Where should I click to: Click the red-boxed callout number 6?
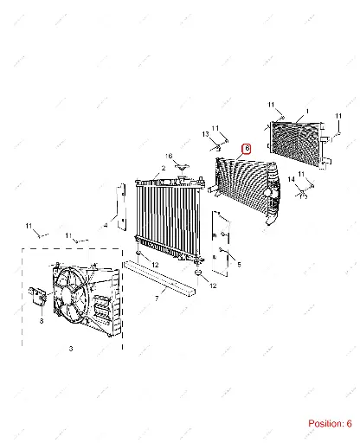click(x=247, y=149)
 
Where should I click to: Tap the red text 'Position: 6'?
click(x=330, y=423)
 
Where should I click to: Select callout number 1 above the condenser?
click(x=307, y=111)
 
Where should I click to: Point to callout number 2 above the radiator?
click(x=164, y=168)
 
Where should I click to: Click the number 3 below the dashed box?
click(x=71, y=349)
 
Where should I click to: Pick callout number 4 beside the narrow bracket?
click(x=106, y=225)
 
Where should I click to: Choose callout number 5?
click(x=239, y=264)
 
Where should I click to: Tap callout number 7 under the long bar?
click(x=157, y=299)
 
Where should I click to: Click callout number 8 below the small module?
click(x=42, y=321)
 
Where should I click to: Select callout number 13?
click(x=205, y=134)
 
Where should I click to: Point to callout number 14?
click(x=291, y=179)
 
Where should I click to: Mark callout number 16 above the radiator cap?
click(x=169, y=156)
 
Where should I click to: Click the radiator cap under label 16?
click(x=182, y=167)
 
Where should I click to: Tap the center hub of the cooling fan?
click(x=67, y=295)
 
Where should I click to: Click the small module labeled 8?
click(x=38, y=295)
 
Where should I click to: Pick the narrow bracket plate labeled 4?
click(x=121, y=207)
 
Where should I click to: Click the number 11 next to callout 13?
click(x=215, y=128)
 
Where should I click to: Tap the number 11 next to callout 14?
click(x=301, y=174)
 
